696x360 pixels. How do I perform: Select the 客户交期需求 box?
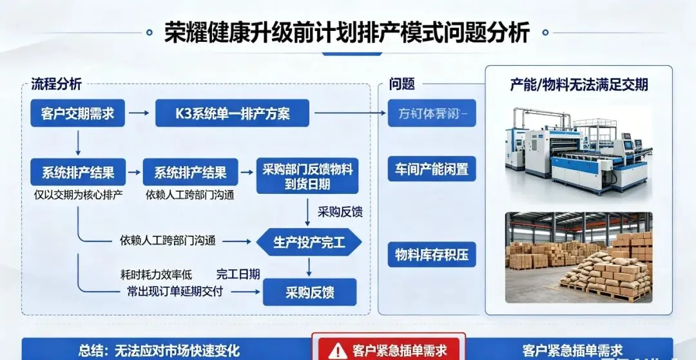point(77,114)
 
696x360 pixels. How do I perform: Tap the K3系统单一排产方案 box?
point(232,114)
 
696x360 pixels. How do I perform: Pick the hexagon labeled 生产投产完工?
point(309,242)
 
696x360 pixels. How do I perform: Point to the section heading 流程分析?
point(57,84)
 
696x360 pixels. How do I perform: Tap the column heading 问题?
point(401,84)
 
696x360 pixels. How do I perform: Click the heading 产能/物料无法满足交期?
point(579,84)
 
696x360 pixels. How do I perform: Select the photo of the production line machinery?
point(578,148)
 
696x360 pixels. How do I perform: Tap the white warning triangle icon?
point(337,350)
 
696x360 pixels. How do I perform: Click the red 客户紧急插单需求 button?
point(387,350)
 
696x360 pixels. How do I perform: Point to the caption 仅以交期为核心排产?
point(78,194)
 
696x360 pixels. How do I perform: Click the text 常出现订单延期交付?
point(175,291)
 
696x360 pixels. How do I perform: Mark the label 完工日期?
point(238,275)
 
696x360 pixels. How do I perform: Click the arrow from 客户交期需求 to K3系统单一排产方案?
point(137,114)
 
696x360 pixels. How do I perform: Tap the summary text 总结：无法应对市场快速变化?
point(159,350)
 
